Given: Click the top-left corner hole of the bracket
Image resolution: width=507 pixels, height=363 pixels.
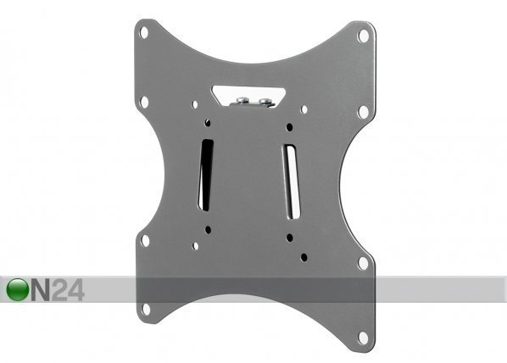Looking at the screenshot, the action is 144,32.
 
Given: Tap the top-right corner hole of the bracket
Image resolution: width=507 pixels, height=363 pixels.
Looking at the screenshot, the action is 364,36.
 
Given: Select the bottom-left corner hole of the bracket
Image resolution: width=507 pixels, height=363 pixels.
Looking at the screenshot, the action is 146,309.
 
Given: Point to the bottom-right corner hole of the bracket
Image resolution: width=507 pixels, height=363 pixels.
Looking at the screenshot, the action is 363,338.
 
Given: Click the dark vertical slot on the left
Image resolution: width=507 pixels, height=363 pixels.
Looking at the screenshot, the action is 206,175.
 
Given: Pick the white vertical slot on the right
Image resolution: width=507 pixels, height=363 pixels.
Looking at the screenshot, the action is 292,181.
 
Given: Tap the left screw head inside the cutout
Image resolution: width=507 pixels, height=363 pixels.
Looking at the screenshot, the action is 241,99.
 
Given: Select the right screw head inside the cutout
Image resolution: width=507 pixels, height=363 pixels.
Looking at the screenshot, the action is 265,101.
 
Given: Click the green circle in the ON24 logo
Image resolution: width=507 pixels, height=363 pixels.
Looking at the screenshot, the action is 18,289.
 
